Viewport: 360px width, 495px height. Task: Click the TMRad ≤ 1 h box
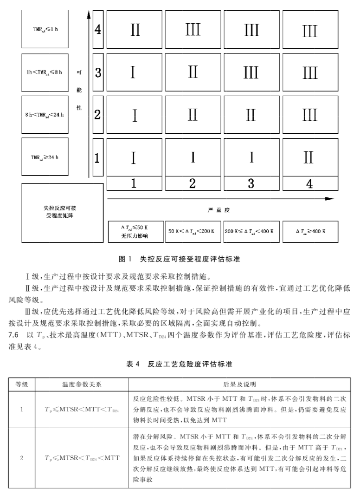[45, 29]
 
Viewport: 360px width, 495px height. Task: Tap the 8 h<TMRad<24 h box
[45, 114]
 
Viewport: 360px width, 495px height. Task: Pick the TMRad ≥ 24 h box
[45, 157]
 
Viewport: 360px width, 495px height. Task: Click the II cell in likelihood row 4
[135, 30]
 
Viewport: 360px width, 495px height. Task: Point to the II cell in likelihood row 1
[309, 158]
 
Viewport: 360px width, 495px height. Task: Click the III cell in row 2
[309, 115]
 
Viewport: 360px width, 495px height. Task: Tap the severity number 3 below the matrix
[251, 184]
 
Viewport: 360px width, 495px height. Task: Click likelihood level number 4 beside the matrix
[97, 30]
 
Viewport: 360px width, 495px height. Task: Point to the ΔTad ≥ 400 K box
[310, 231]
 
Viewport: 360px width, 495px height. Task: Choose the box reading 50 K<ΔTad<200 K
[193, 231]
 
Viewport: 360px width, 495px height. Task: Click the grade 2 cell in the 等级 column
[22, 458]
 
